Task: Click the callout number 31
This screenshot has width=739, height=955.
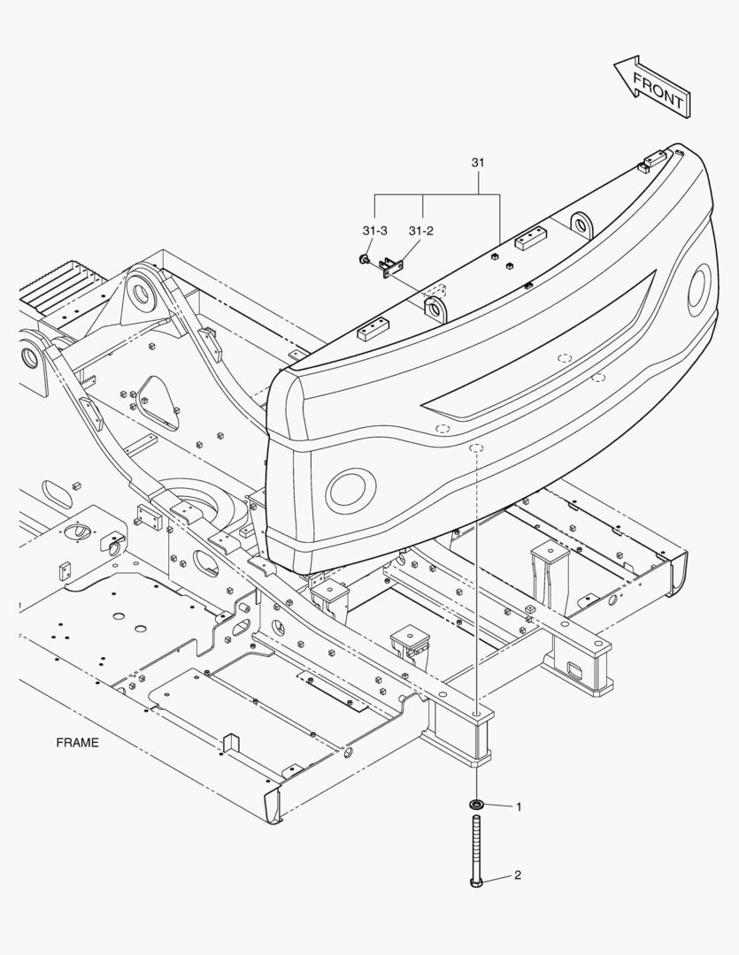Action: [x=478, y=164]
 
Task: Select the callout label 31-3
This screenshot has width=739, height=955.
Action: [x=374, y=231]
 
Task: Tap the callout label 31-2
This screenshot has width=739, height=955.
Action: [x=421, y=231]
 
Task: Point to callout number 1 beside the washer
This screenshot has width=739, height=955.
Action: [x=519, y=806]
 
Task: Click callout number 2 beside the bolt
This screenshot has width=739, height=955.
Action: [x=518, y=875]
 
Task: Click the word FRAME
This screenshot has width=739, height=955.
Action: [x=78, y=743]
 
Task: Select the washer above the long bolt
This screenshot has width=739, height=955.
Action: [x=476, y=805]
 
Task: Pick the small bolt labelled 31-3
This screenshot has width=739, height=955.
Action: [x=364, y=259]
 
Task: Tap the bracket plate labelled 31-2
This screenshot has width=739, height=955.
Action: [x=389, y=267]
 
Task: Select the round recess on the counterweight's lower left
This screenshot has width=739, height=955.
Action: [x=350, y=488]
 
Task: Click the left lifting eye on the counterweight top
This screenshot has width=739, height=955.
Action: [x=435, y=309]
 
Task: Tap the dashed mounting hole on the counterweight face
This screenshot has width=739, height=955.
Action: [x=476, y=448]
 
